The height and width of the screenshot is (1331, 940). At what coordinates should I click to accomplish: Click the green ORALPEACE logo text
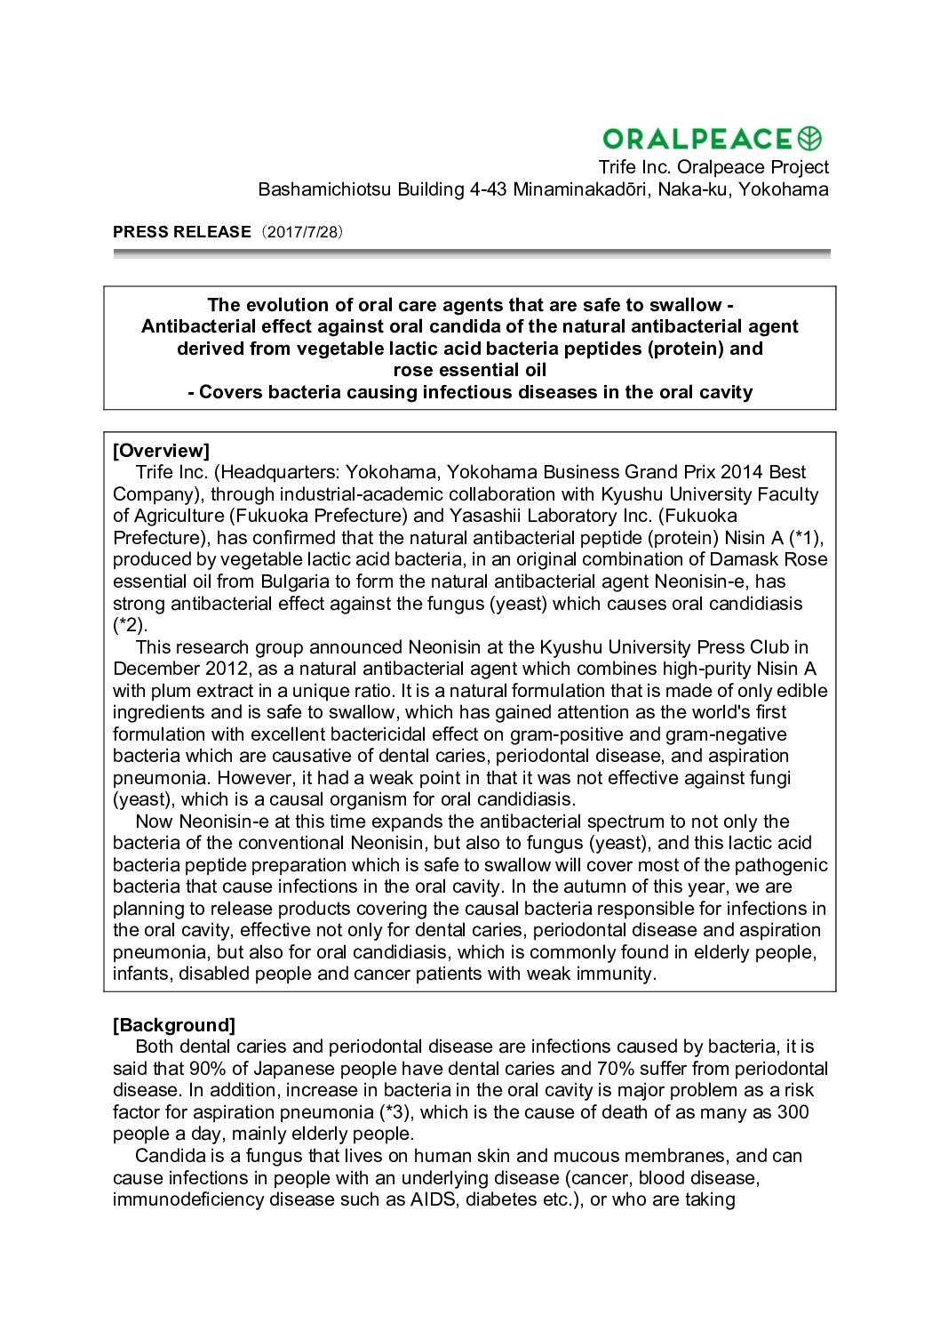pyautogui.click(x=697, y=139)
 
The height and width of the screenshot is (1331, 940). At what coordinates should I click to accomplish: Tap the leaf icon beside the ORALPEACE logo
pyautogui.click(x=810, y=139)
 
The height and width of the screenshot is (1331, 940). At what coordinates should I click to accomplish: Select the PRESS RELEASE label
pyautogui.click(x=182, y=232)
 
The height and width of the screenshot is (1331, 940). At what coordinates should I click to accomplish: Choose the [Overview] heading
pyautogui.click(x=161, y=451)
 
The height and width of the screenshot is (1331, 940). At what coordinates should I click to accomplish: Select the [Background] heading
pyautogui.click(x=174, y=1025)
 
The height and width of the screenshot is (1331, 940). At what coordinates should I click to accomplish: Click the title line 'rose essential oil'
pyautogui.click(x=469, y=370)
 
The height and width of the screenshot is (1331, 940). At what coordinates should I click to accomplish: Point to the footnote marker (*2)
pyautogui.click(x=130, y=625)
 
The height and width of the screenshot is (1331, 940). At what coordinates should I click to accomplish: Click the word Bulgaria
pyautogui.click(x=294, y=581)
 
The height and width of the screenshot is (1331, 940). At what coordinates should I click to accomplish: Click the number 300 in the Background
pyautogui.click(x=793, y=1112)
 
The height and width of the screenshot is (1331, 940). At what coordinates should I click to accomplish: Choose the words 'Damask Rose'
pyautogui.click(x=772, y=559)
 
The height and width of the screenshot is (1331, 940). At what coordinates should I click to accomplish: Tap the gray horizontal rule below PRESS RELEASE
pyautogui.click(x=471, y=253)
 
